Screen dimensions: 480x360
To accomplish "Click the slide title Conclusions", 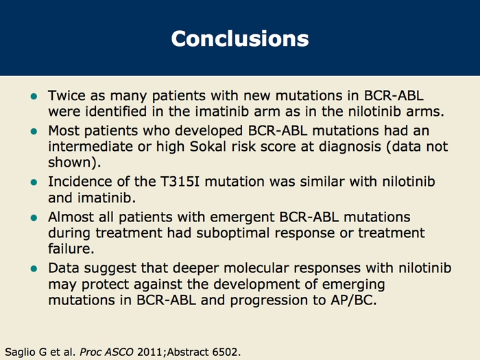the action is pyautogui.click(x=240, y=38).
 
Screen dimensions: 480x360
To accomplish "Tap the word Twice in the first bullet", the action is pyautogui.click(x=67, y=95).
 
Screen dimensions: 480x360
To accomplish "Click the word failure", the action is pyautogui.click(x=71, y=248).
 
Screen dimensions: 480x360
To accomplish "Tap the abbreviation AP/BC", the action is pyautogui.click(x=354, y=300).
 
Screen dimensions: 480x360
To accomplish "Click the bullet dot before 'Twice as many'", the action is pyautogui.click(x=34, y=97).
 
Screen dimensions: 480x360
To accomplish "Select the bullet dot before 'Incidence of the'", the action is pyautogui.click(x=34, y=183).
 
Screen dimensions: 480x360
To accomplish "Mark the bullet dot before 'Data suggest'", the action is pyautogui.click(x=34, y=269).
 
